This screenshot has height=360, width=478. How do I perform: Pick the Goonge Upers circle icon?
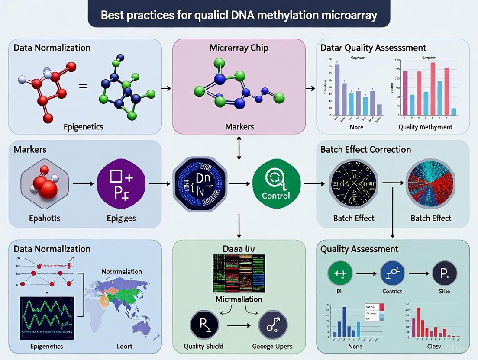point(273,325)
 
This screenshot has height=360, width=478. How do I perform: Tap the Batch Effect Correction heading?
point(366,150)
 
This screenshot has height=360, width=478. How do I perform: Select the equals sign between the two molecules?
point(83,87)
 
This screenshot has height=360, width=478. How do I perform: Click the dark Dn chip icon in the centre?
point(199,184)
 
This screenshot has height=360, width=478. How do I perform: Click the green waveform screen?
point(47,318)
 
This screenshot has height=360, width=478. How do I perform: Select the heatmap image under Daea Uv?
point(239,273)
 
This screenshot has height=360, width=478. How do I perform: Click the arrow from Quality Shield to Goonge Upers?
point(238,325)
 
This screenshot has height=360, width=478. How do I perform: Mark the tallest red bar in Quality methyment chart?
point(433,89)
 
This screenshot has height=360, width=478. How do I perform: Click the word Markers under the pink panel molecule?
point(239,127)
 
